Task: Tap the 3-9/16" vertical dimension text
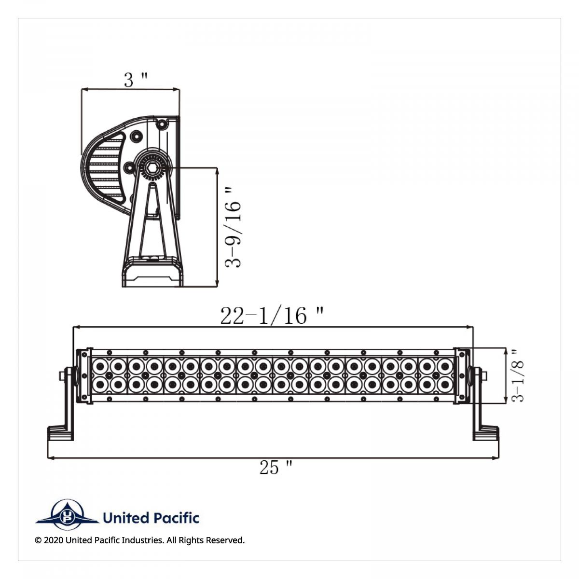click(234, 227)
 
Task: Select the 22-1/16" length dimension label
click(272, 316)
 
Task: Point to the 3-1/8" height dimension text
click(517, 375)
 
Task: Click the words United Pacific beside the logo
click(151, 518)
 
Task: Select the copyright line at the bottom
click(140, 540)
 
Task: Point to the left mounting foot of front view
click(60, 432)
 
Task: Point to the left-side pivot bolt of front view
click(65, 375)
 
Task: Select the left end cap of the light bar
click(83, 375)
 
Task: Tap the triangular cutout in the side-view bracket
click(151, 222)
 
